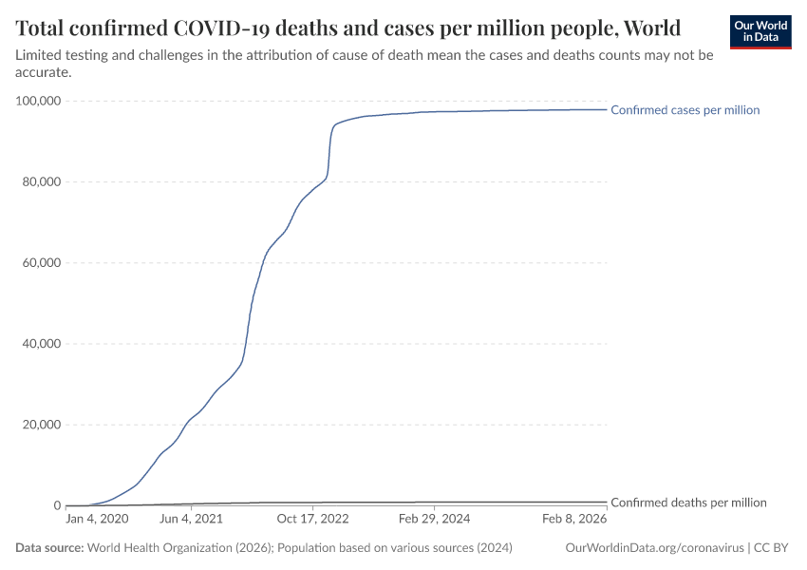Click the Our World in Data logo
point(760,31)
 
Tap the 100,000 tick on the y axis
point(38,101)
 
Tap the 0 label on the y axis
point(57,505)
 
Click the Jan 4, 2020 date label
point(97,520)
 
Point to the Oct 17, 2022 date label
point(311,520)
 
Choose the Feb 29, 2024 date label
point(433,520)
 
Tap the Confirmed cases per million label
point(685,110)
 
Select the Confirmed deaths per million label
point(688,503)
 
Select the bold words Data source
point(48,548)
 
